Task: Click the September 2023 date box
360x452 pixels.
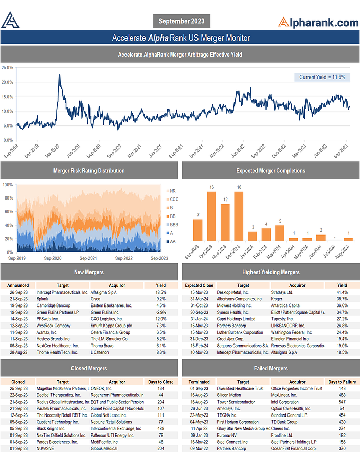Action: pos(182,21)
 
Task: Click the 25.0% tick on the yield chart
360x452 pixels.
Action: pos(7,67)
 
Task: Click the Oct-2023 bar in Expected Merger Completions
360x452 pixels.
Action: pos(211,216)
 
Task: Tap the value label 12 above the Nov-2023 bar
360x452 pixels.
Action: pos(225,199)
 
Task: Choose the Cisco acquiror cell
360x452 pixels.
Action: pos(97,298)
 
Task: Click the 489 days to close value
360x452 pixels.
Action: pos(161,428)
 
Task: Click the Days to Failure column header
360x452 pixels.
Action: pos(343,382)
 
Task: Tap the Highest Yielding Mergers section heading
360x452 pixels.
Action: pos(270,272)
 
